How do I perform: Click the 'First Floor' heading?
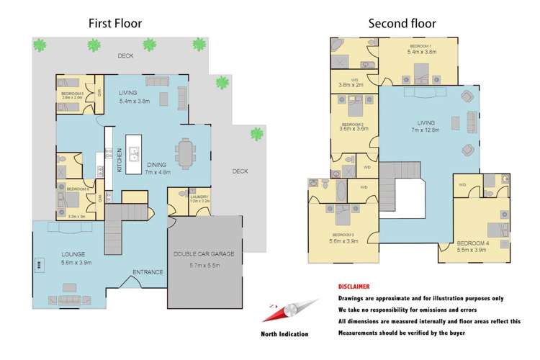coord(115,23)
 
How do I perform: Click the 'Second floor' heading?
coord(402,23)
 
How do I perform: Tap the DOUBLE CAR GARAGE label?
coord(207,255)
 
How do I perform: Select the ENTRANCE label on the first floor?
coord(148,271)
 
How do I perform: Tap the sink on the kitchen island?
coord(134,153)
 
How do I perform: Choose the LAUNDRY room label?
coord(199,197)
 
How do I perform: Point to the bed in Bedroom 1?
coord(421,71)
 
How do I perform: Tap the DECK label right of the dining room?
coord(240,171)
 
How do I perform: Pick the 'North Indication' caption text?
coord(284,334)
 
